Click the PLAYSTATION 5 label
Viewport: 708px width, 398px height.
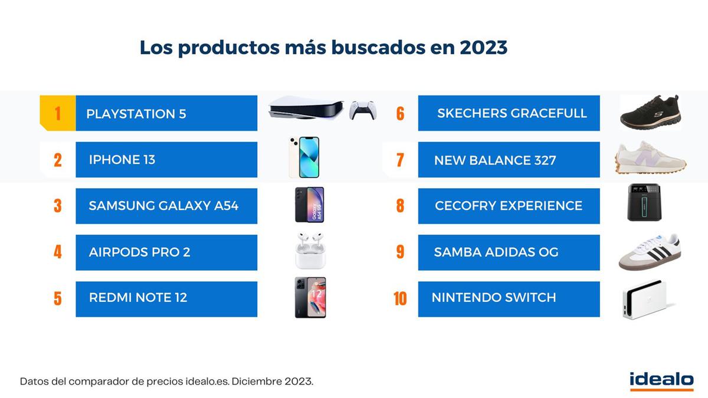(136, 114)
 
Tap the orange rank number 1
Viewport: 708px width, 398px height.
(57, 113)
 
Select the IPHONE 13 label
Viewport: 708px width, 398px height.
(122, 160)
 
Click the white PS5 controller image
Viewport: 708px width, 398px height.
(362, 110)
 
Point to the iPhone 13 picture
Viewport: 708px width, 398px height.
(304, 157)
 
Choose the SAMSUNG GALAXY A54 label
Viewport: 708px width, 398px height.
(163, 206)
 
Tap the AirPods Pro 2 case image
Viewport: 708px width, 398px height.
(310, 252)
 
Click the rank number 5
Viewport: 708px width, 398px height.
(57, 298)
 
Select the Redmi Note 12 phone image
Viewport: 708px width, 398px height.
(310, 298)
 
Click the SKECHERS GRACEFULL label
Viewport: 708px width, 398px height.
(512, 113)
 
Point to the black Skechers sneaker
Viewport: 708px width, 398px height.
(650, 111)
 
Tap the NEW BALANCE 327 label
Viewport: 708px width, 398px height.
(495, 160)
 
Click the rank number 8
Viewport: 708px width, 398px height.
(400, 206)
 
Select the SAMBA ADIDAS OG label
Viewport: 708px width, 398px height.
(496, 252)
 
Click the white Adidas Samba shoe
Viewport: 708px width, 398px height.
(649, 252)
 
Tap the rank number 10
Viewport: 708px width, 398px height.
(400, 298)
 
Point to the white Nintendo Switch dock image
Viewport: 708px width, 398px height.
(644, 299)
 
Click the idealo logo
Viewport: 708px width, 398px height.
(661, 380)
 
